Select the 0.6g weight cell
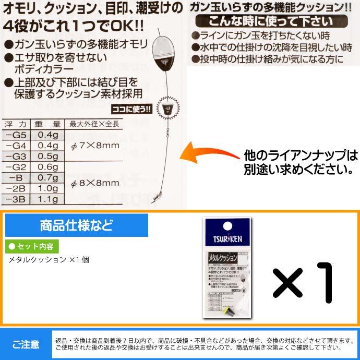point(48,166)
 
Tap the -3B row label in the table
point(16,199)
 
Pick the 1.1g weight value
point(48,199)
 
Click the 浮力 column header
point(16,124)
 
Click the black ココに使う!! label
point(132,110)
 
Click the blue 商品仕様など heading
point(76,225)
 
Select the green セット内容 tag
point(32,246)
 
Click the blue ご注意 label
point(26,344)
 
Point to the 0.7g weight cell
point(48,177)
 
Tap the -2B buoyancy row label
point(16,188)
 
